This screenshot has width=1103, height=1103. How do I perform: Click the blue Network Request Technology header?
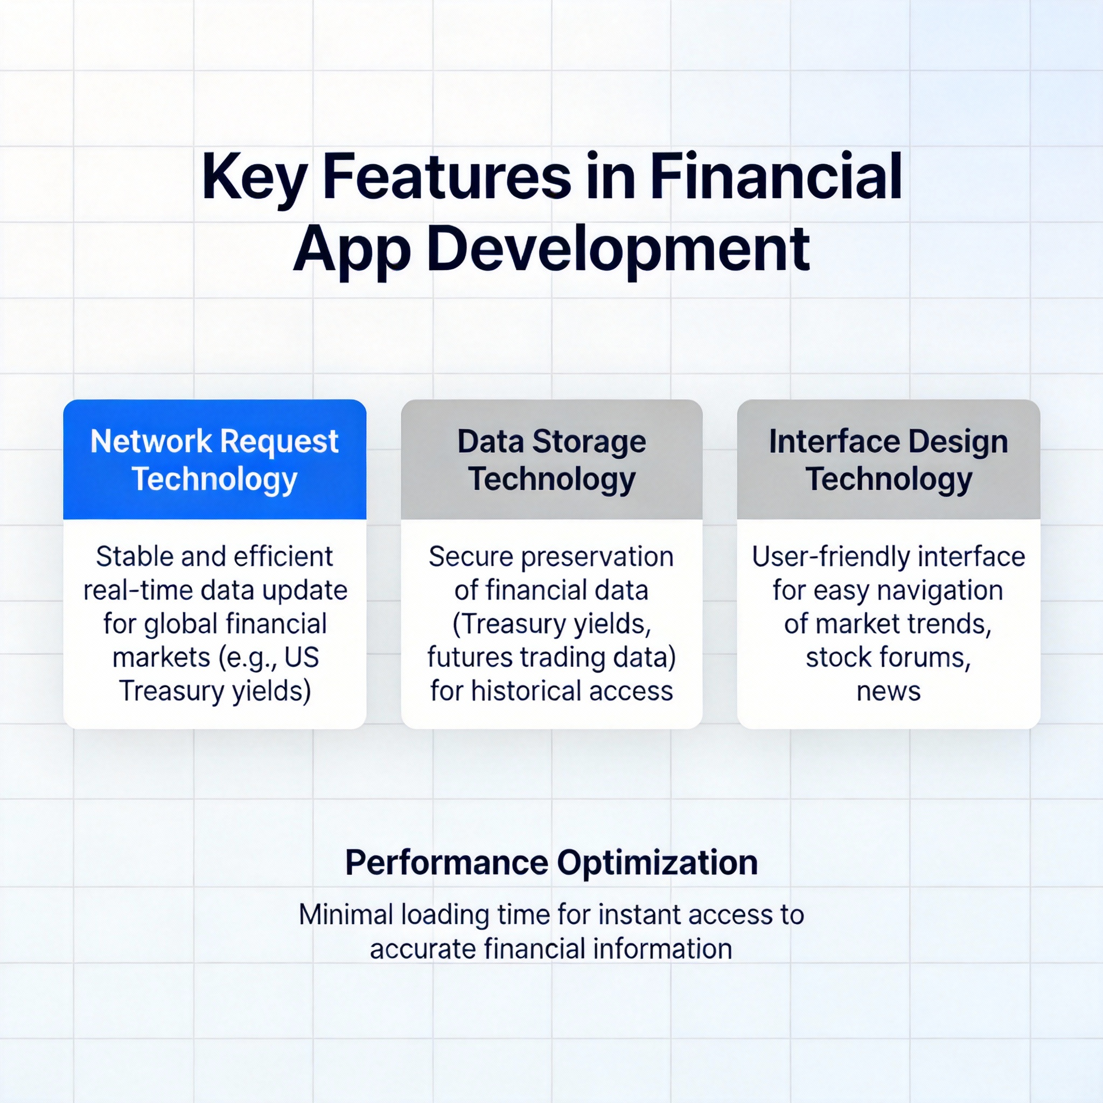pyautogui.click(x=215, y=459)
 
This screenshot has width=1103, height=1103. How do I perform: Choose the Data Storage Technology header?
pyautogui.click(x=551, y=459)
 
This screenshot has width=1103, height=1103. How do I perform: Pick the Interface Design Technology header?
pyautogui.click(x=888, y=459)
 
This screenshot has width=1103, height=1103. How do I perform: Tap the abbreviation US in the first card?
pyautogui.click(x=302, y=657)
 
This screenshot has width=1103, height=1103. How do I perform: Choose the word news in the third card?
pyautogui.click(x=888, y=692)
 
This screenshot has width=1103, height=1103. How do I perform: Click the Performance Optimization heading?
pyautogui.click(x=551, y=863)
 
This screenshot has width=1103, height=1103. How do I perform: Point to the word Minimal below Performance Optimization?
pyautogui.click(x=346, y=914)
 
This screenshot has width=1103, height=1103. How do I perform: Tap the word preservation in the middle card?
pyautogui.click(x=597, y=557)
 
